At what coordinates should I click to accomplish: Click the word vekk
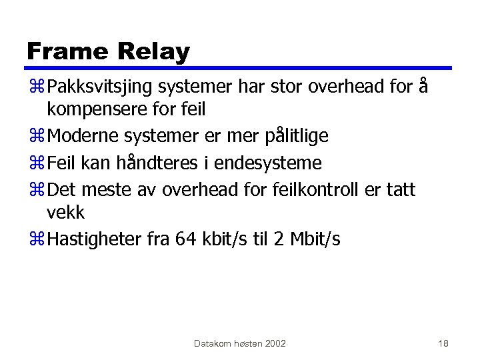[66, 212]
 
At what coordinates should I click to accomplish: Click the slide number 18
[443, 343]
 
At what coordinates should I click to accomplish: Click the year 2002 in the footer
[275, 343]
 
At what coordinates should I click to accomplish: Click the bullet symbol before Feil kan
[35, 163]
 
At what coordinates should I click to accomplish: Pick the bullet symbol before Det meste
[35, 190]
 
